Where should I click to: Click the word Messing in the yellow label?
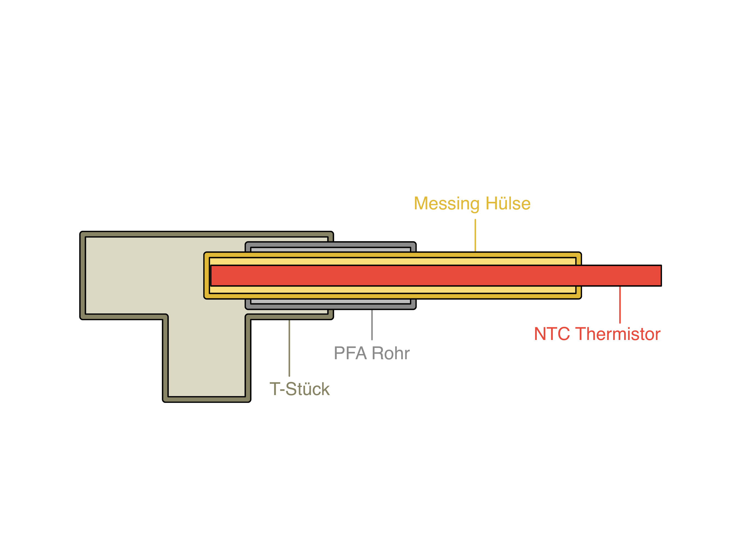[446, 204]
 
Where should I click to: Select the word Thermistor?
[618, 334]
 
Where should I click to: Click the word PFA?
[350, 353]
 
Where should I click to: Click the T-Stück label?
[299, 389]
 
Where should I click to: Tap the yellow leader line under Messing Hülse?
[475, 236]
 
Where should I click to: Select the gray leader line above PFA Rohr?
[372, 325]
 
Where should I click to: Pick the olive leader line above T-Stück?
[289, 348]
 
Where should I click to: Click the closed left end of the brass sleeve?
[206, 275]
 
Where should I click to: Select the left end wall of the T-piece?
[82, 275]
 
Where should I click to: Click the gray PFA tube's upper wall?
[330, 244]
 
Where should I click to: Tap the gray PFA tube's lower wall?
[330, 307]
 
